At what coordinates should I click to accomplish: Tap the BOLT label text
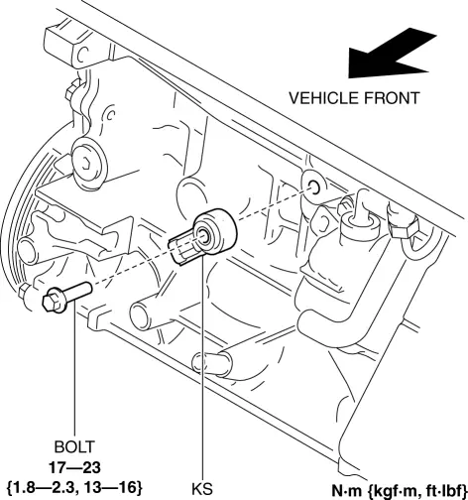coord(74,446)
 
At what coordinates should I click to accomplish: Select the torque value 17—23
coord(74,466)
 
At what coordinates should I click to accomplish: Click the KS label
coord(205,487)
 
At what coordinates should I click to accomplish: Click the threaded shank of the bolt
coord(78,290)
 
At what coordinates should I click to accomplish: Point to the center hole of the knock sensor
coord(202,236)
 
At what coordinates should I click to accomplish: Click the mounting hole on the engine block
coord(312,187)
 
